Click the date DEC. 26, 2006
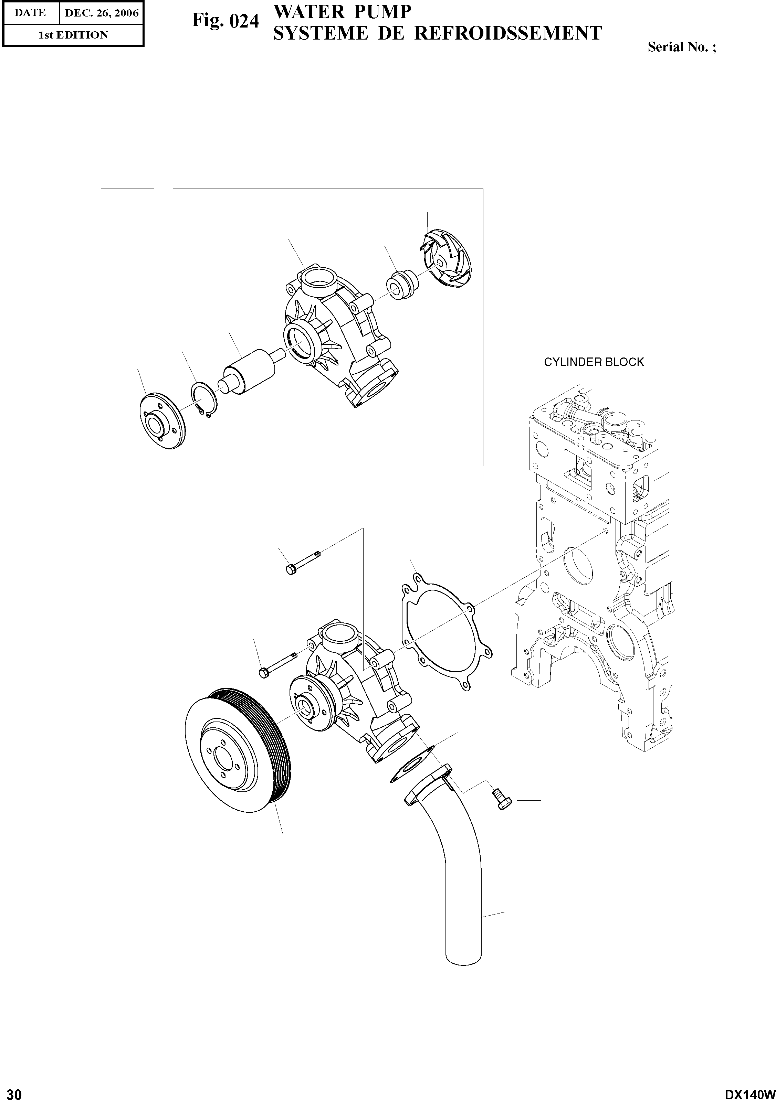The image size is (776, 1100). [102, 13]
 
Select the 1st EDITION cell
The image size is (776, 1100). [73, 35]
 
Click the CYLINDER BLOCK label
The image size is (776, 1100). [594, 362]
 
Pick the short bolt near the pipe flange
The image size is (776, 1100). [501, 799]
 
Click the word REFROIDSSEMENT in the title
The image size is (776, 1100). [507, 33]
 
